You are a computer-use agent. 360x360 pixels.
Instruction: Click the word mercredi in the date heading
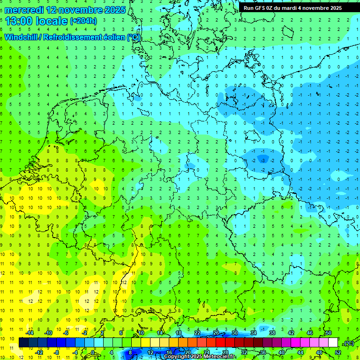(x=24, y=10)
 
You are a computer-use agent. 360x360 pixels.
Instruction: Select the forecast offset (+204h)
(x=83, y=21)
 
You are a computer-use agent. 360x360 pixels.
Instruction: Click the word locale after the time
(x=52, y=21)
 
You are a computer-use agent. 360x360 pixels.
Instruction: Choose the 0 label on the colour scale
(x=93, y=352)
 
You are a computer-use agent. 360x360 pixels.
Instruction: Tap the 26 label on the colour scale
(x=216, y=333)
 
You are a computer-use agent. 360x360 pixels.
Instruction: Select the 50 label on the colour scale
(x=329, y=333)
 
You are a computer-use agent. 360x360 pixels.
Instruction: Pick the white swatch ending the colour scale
(x=333, y=343)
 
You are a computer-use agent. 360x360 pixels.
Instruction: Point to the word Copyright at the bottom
(x=177, y=357)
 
